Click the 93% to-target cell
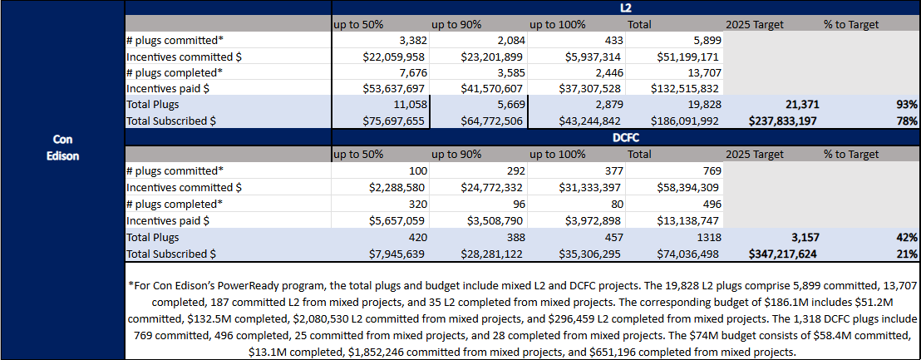(907, 105)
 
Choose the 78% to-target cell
(907, 121)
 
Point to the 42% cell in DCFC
(907, 237)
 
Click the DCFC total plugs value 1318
(707, 237)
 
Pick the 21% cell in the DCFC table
(907, 254)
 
